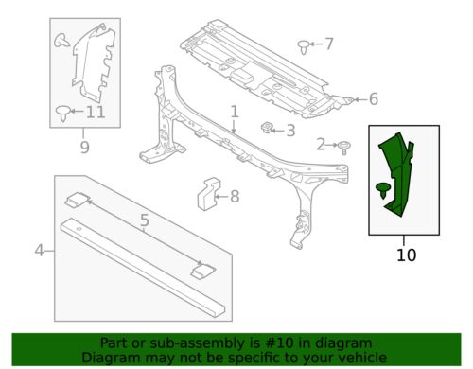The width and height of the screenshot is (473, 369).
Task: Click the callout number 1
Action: pyautogui.click(x=235, y=113)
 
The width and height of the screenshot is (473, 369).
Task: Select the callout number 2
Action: pyautogui.click(x=321, y=145)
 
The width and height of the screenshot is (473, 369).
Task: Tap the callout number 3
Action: pyautogui.click(x=290, y=131)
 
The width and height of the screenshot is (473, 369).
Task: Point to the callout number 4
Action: pyautogui.click(x=39, y=251)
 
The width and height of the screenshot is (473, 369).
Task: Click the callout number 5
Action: pyautogui.click(x=144, y=220)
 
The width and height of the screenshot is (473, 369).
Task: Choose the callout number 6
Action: pyautogui.click(x=374, y=99)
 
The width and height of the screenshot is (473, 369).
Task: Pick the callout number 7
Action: pyautogui.click(x=329, y=44)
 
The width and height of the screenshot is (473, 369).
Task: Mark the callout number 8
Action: pyautogui.click(x=235, y=197)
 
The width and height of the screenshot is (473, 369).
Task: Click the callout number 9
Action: pyautogui.click(x=84, y=147)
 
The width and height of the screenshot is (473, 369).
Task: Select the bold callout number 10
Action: pyautogui.click(x=406, y=255)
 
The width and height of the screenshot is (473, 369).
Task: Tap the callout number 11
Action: pyautogui.click(x=96, y=112)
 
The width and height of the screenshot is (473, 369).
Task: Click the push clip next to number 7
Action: pyautogui.click(x=304, y=47)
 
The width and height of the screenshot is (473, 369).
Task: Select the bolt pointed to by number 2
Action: pyautogui.click(x=343, y=148)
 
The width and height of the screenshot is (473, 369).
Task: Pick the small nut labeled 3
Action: pyautogui.click(x=267, y=128)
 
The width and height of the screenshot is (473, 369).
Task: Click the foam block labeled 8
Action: pyautogui.click(x=208, y=193)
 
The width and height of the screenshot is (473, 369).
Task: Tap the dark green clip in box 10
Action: pyautogui.click(x=383, y=190)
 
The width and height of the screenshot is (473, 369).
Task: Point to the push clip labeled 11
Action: pyautogui.click(x=62, y=114)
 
